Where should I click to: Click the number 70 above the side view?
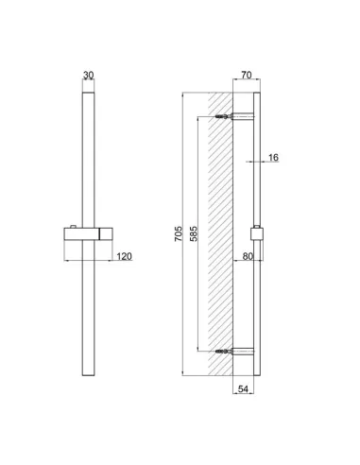(x=245, y=76)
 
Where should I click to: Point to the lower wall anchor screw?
(x=222, y=352)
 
